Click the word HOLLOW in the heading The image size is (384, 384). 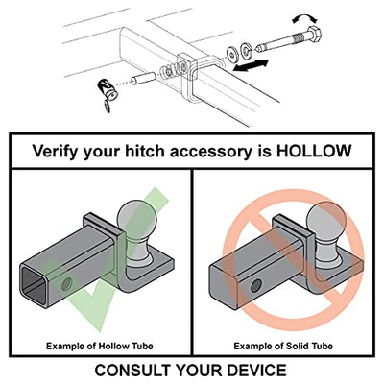pyautogui.click(x=314, y=151)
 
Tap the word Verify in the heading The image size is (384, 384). pyautogui.click(x=55, y=152)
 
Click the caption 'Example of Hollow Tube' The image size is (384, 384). pyautogui.click(x=100, y=346)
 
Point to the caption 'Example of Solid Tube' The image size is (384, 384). pyautogui.click(x=283, y=346)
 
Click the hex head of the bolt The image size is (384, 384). pyautogui.click(x=313, y=36)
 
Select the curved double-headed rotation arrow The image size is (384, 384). pyautogui.click(x=304, y=17)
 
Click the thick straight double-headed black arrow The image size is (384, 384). pyautogui.click(x=250, y=65)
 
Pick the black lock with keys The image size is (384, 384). pyautogui.click(x=108, y=94)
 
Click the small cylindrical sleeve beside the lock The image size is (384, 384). pyautogui.click(x=143, y=79)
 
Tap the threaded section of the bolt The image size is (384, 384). pyautogui.click(x=298, y=38)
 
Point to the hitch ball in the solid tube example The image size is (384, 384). pyautogui.click(x=324, y=230)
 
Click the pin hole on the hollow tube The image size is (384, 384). pyautogui.click(x=67, y=284)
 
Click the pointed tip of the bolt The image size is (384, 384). pyautogui.click(x=257, y=49)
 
